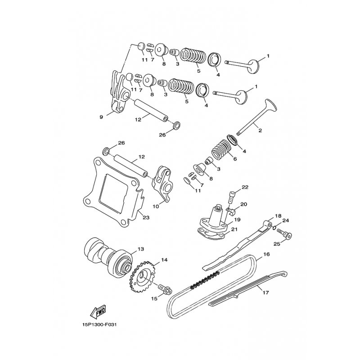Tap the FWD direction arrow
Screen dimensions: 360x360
click(96, 310)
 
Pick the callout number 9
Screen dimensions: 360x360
click(102, 117)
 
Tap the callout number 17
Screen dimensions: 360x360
click(265, 292)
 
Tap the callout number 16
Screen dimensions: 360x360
click(266, 254)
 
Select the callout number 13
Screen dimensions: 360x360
click(141, 249)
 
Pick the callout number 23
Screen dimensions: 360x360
click(146, 217)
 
